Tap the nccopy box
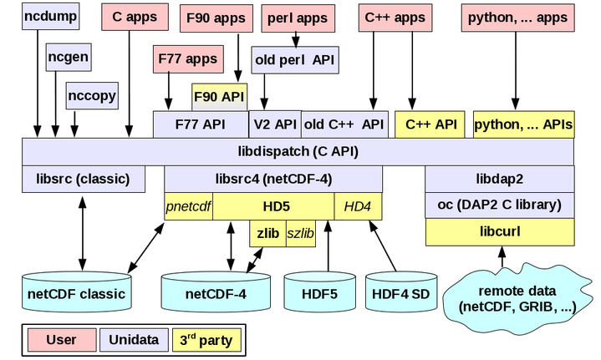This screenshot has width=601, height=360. coord(92,95)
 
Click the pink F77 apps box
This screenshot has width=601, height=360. coord(189,59)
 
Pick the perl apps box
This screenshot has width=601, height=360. coord(298,17)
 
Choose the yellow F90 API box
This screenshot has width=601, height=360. coord(219,96)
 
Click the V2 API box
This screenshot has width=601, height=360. coord(274,124)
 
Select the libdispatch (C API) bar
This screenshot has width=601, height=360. coord(298,152)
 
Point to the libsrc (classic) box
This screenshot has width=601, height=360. coord(82,179)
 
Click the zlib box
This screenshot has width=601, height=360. coord(267,234)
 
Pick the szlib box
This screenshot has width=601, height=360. coord(300,234)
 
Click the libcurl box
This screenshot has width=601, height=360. coord(499,231)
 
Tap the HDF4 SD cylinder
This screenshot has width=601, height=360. coord(399,293)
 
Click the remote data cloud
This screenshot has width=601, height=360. coord(516,297)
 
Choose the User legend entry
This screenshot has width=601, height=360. coord(60,340)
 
